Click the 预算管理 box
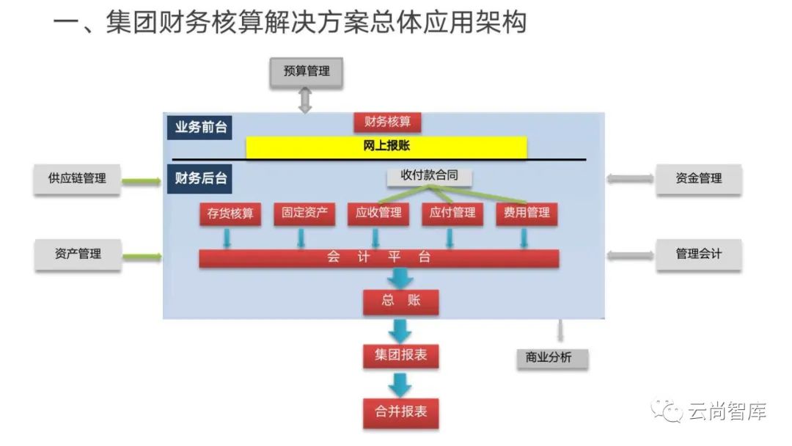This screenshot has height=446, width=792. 306,72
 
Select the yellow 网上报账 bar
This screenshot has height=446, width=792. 386,146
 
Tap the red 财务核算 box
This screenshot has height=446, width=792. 387,122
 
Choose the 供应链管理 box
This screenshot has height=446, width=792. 77,178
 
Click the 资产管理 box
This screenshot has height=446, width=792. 77,254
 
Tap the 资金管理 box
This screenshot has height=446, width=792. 698,178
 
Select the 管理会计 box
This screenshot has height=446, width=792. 698,254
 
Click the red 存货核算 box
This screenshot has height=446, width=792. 230,213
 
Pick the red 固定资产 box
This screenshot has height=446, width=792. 304,213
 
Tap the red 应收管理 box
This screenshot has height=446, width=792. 378,213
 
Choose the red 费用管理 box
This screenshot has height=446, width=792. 527,213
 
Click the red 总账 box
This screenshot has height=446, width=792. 401,301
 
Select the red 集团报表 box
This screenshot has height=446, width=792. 401,356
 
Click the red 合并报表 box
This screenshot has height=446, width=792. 401,412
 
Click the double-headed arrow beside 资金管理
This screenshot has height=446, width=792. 630,178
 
